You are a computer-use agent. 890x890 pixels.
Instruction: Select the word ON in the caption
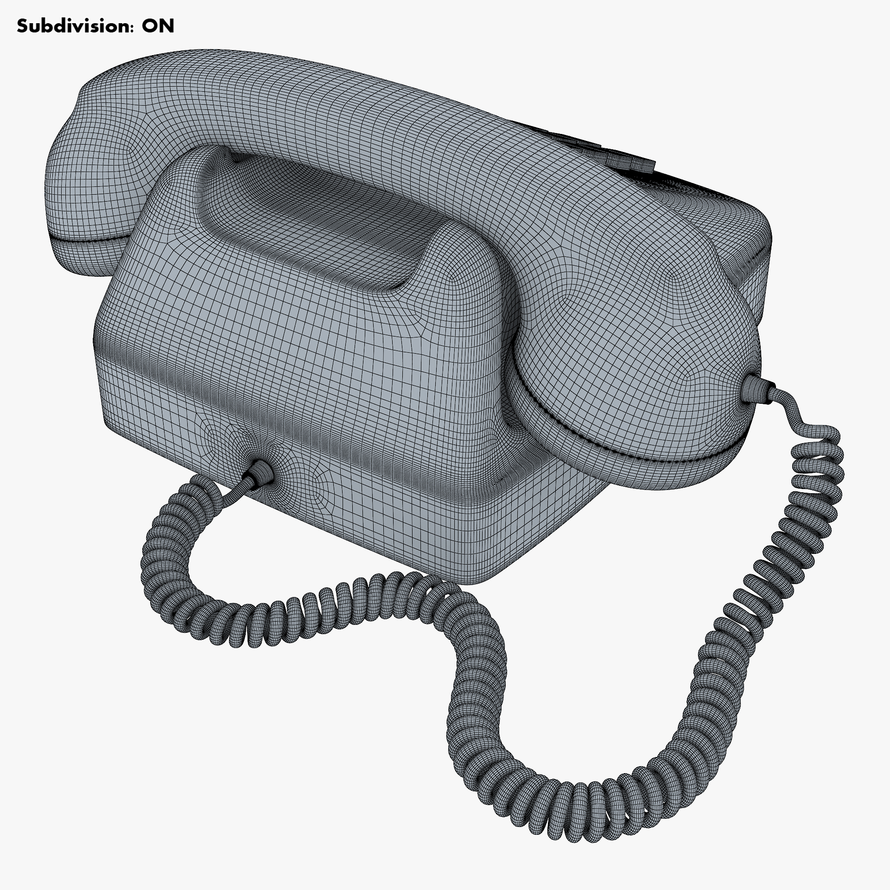click(158, 26)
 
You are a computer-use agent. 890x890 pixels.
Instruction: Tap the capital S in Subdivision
click(22, 26)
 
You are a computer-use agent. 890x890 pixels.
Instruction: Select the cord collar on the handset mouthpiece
click(756, 389)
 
